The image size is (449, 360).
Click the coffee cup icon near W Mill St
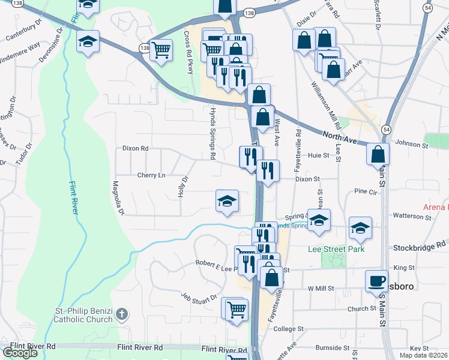coord(376,281)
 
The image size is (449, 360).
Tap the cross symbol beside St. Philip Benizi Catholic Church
coord(122,314)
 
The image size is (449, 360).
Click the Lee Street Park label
coord(336,248)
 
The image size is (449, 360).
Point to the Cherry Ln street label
coord(151,175)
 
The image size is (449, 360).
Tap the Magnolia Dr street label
coord(117,198)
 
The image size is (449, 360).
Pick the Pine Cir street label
coord(365,191)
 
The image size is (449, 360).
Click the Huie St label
coord(319,155)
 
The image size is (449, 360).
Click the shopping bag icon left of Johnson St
coord(378,154)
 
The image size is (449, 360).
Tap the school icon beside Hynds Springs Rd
coord(228,201)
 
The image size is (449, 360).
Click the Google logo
coord(20,353)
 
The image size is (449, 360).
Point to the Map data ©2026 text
coord(423,355)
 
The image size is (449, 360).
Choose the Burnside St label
coord(331,347)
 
